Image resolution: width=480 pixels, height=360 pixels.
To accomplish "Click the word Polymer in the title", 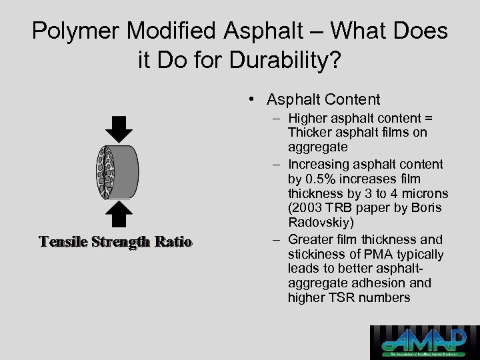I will coord(75,31).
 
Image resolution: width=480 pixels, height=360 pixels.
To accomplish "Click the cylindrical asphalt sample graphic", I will coord(117,171).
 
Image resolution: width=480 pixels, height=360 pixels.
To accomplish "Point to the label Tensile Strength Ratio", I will coord(115,241).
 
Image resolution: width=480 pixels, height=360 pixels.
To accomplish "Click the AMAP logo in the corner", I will coord(424,342).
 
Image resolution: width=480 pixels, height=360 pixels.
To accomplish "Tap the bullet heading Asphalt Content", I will coord(323,100).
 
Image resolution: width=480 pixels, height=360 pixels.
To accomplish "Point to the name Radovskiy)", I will coord(318,223).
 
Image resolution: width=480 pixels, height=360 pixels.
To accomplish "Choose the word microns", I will coord(427,193).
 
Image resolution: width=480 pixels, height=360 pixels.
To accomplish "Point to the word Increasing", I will coord(320,164).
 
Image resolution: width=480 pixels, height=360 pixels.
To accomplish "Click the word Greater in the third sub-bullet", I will coord(309,239).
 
